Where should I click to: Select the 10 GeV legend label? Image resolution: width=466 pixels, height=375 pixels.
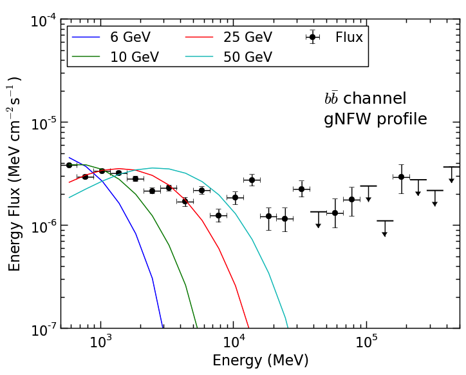[x=135, y=57]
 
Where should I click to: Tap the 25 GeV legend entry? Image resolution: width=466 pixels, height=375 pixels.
[x=247, y=37]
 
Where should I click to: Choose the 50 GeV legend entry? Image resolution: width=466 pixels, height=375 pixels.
[x=247, y=57]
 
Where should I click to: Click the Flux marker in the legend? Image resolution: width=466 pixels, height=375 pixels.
[x=312, y=37]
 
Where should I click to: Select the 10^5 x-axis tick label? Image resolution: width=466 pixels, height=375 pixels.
[x=366, y=342]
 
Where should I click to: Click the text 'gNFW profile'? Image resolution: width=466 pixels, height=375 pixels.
[x=375, y=119]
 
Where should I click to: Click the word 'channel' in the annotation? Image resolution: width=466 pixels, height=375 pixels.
[x=383, y=99]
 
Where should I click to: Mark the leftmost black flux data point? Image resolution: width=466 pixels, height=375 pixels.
[x=69, y=165]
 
